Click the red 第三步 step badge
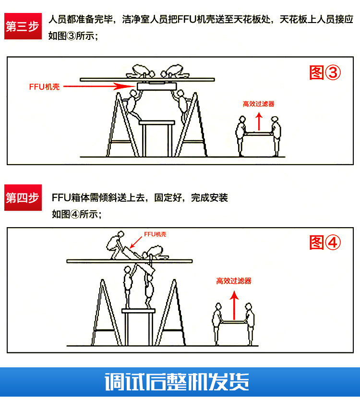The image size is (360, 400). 23,26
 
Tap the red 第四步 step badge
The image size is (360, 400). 23,198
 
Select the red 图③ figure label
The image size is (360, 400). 325,73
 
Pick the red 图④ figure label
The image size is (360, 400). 325,242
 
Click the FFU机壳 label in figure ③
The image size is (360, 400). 44,87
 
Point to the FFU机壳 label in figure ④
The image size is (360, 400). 155,234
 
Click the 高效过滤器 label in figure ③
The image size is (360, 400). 259,104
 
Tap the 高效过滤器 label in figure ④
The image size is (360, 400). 234,281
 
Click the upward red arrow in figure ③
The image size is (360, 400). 259,121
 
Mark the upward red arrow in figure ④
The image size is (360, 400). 234,305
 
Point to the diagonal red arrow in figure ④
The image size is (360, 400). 136,242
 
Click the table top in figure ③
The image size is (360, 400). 157,122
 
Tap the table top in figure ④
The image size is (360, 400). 138,311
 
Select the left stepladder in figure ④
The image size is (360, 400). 106,313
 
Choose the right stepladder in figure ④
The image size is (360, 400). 170,313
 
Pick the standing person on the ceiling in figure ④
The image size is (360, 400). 116,245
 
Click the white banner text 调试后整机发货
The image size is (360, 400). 177,382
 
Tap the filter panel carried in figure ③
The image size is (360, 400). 258,133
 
